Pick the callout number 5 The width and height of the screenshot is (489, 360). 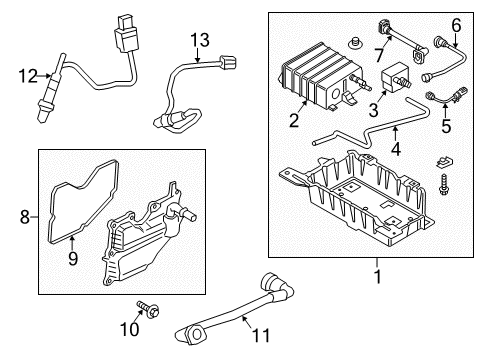[x=447, y=128]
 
